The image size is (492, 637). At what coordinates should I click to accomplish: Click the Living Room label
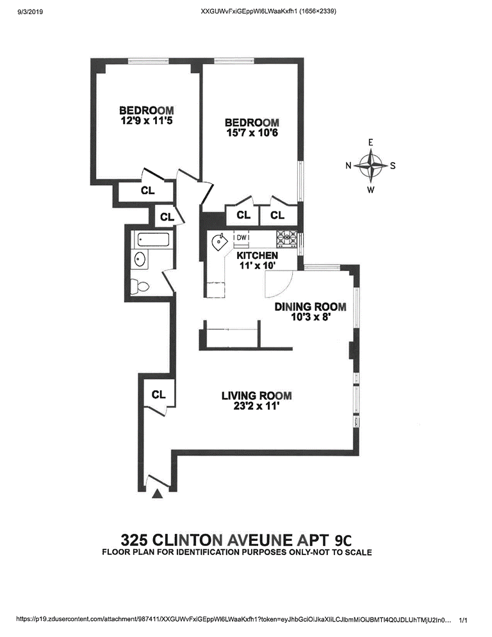pos(257,395)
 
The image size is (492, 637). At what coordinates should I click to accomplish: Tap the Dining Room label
pos(310,306)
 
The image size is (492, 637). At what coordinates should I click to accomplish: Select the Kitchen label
pos(257,255)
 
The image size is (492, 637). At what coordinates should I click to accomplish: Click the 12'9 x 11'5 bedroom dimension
pos(146,120)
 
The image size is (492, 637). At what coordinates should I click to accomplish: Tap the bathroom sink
pos(139,260)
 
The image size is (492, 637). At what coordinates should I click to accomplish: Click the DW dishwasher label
pos(242,238)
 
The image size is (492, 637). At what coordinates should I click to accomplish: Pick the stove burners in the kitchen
pos(285,238)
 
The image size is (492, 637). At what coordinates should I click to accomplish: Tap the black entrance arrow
pos(158,493)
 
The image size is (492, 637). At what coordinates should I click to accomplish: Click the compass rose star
pos(370,165)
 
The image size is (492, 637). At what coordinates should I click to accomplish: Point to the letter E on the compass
pos(370,143)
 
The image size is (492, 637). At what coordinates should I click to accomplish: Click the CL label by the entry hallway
pos(159,395)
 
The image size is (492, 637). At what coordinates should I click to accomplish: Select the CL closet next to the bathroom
pos(167,217)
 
